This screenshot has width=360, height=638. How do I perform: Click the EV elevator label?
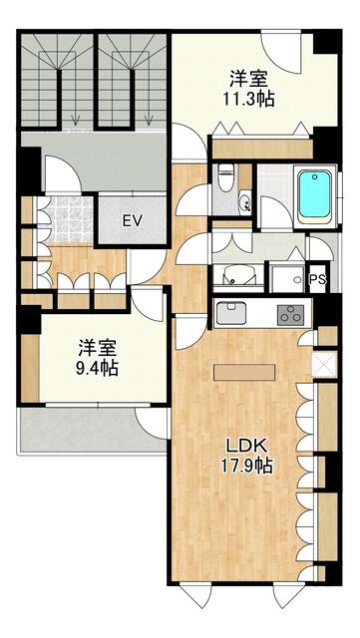133,221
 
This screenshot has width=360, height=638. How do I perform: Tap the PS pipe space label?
317,279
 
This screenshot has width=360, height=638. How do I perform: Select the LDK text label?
246,447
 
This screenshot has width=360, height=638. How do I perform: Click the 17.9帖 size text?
246,466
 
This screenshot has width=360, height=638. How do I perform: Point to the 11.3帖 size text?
248,99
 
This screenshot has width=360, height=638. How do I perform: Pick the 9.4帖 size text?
98,368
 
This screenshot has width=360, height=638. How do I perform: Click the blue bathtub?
314,194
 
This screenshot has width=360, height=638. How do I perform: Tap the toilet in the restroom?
224,177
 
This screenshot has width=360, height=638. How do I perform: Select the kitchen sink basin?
231,313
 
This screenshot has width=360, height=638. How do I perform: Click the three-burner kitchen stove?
291,315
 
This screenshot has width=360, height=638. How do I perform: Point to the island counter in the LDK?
243,372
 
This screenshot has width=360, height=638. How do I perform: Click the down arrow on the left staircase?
75,120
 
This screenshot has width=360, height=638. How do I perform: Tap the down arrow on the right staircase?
149,120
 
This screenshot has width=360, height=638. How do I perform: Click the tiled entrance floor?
69,219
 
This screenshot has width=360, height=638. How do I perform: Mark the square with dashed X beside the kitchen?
324,364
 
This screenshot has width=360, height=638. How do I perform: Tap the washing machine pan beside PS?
287,279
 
